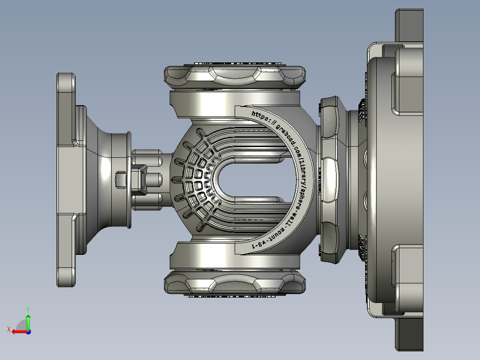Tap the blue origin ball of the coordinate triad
coord(28,331)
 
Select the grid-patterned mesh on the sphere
coord(196,178)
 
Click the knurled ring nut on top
coord(235,76)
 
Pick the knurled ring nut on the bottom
coord(235,283)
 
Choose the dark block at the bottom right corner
coord(408,334)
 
